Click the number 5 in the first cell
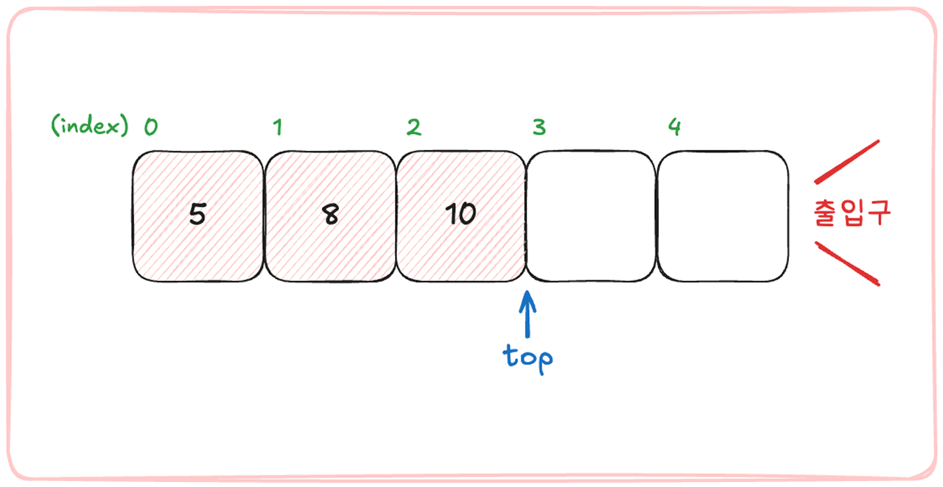pyautogui.click(x=197, y=214)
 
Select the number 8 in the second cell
pyautogui.click(x=331, y=215)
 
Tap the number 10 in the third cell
pyautogui.click(x=460, y=214)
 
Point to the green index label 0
pyautogui.click(x=150, y=127)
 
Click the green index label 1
pyautogui.click(x=277, y=128)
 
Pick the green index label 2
pyautogui.click(x=414, y=127)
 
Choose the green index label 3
pyautogui.click(x=539, y=127)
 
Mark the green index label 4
pyautogui.click(x=674, y=127)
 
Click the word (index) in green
pyautogui.click(x=89, y=127)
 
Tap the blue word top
pyautogui.click(x=527, y=357)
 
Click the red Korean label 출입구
pyautogui.click(x=852, y=213)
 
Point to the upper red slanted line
pyautogui.click(x=846, y=161)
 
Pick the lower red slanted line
pyautogui.click(x=846, y=263)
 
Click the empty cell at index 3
pyautogui.click(x=591, y=216)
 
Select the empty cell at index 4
pyautogui.click(x=723, y=216)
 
